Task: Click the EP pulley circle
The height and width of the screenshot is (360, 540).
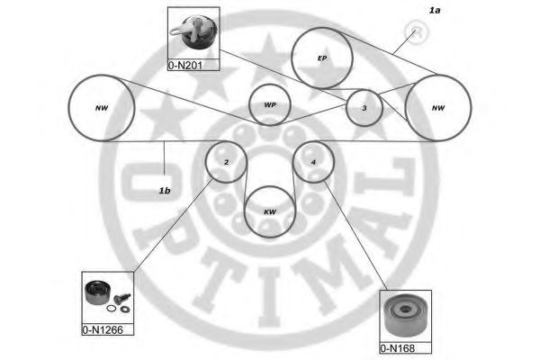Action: click(x=321, y=59)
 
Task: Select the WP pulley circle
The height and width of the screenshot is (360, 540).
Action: click(x=270, y=105)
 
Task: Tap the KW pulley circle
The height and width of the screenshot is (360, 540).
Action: click(x=269, y=212)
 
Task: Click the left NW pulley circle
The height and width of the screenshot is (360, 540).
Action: click(x=101, y=108)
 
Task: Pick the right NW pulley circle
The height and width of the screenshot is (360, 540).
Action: click(x=437, y=108)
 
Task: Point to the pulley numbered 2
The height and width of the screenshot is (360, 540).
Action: click(x=226, y=162)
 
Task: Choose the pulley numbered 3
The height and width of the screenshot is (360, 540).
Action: click(x=364, y=109)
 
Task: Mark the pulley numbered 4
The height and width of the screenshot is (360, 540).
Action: click(x=314, y=162)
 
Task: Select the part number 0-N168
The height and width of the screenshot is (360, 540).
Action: click(x=404, y=347)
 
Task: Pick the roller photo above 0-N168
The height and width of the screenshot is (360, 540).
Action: click(x=405, y=316)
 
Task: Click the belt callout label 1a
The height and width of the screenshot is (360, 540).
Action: click(x=435, y=11)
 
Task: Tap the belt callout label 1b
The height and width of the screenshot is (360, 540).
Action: click(x=165, y=190)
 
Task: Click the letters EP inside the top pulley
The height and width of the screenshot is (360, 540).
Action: click(x=321, y=59)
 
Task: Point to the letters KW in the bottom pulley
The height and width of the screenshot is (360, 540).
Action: click(x=269, y=213)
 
